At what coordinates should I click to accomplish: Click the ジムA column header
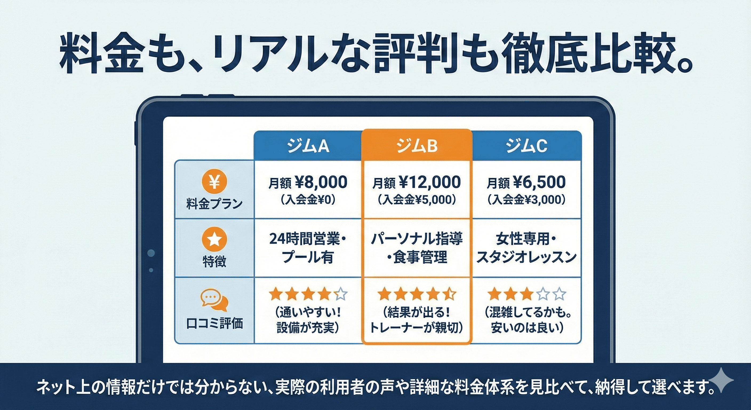tap(308, 146)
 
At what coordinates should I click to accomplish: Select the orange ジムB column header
tap(417, 145)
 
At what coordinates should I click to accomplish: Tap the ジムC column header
tap(526, 146)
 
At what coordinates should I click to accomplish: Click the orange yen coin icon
tap(214, 182)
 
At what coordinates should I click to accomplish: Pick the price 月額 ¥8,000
tap(308, 182)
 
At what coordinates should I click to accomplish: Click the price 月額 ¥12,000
tap(417, 182)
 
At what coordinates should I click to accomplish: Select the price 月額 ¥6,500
tap(526, 182)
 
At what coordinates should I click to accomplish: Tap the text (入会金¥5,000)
tap(417, 200)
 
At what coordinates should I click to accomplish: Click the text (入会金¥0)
tap(308, 200)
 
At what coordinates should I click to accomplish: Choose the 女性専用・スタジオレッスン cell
tap(526, 248)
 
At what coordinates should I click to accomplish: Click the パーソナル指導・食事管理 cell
tap(417, 248)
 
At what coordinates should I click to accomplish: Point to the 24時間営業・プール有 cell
tap(308, 248)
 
